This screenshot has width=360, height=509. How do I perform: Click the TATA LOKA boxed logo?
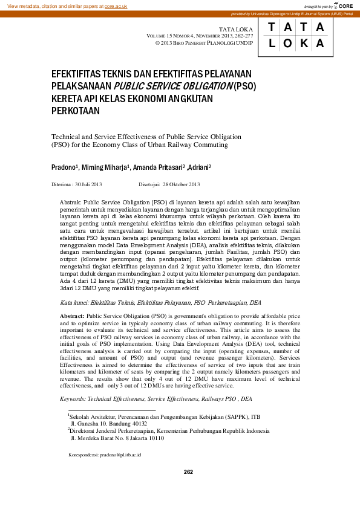point(296,36)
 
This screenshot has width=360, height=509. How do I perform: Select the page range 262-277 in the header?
point(242,36)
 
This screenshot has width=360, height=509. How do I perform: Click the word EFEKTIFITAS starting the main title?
point(85,73)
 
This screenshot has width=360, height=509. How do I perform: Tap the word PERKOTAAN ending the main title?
point(76,111)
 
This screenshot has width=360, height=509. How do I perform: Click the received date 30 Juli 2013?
point(88,184)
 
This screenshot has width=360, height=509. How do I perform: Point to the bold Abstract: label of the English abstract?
point(72,316)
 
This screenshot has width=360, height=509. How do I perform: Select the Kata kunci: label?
point(77,302)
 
